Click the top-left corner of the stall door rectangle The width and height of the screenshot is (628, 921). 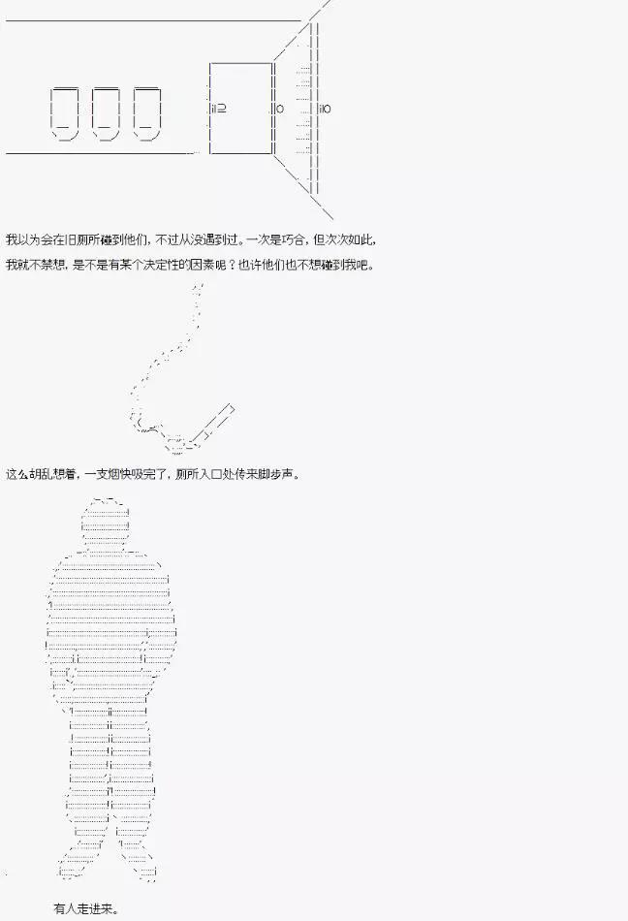click(x=210, y=63)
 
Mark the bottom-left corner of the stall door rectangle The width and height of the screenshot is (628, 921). click(x=210, y=153)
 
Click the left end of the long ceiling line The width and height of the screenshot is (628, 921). click(x=6, y=21)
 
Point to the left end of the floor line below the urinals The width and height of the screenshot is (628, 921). click(x=6, y=153)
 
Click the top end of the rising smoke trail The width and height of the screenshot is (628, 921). click(x=201, y=285)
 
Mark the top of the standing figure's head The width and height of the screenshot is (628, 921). click(x=106, y=498)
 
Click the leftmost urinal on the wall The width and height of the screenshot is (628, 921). click(x=65, y=113)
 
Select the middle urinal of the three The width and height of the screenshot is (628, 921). click(x=106, y=113)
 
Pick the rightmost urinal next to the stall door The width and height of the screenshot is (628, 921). click(x=146, y=113)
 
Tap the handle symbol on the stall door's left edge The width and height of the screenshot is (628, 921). click(x=218, y=108)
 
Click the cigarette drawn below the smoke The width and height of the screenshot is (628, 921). click(x=211, y=423)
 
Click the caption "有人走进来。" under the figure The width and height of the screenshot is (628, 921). click(x=86, y=908)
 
